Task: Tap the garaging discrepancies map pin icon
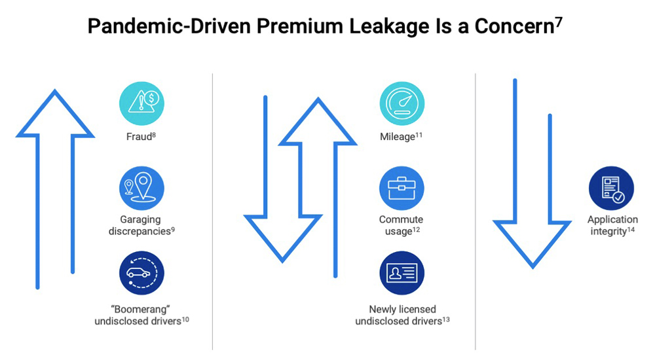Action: click(x=141, y=189)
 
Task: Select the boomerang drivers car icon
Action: click(x=141, y=273)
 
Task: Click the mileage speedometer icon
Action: click(x=402, y=103)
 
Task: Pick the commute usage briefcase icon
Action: click(x=402, y=189)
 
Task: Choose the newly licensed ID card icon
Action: click(x=402, y=273)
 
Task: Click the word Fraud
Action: click(x=138, y=137)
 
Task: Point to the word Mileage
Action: click(x=397, y=137)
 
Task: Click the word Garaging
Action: click(x=140, y=219)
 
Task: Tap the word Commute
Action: click(x=401, y=219)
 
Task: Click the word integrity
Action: click(x=607, y=231)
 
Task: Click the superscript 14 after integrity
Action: click(x=631, y=228)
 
